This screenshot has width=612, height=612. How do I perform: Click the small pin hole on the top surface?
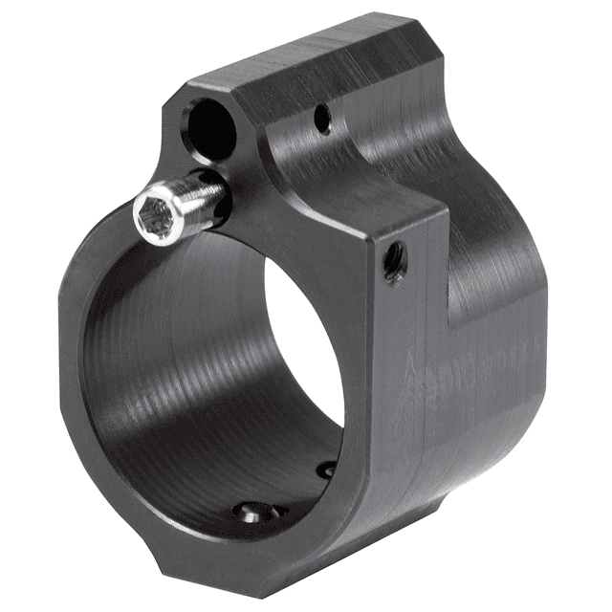pos(322,119)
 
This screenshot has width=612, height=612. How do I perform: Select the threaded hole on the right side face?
pos(393,257)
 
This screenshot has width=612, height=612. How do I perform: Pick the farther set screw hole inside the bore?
pos(327,470)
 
